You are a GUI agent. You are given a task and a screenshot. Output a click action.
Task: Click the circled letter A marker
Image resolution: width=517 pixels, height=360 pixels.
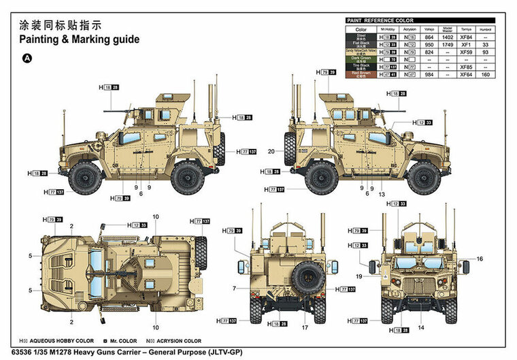pos(27,58)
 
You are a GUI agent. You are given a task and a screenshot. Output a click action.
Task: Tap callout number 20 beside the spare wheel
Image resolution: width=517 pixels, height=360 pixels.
pos(271,151)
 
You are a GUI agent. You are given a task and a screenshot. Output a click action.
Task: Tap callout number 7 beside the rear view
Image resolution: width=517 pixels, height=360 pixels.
pos(234,289)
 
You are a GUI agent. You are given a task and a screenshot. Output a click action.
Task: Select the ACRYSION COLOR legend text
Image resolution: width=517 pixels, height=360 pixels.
pos(171,340)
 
